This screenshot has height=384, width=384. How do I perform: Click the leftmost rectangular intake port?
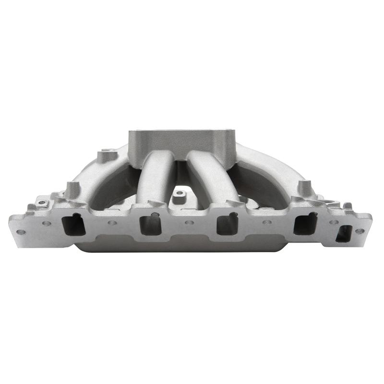(74, 224)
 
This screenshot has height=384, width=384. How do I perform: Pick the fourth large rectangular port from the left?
(305, 224)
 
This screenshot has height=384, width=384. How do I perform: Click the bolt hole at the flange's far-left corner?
(21, 232)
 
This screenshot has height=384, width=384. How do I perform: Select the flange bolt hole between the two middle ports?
(189, 223)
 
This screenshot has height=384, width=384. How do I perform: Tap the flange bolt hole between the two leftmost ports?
(111, 223)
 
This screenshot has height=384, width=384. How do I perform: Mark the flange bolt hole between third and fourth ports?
(267, 223)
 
